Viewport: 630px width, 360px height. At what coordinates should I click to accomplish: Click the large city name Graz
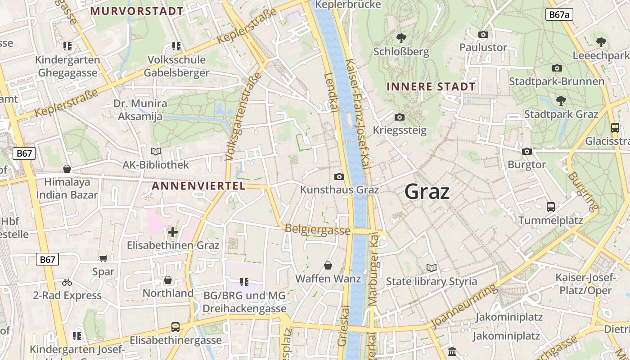[427, 192]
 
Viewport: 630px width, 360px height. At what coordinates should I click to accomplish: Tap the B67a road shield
[559, 14]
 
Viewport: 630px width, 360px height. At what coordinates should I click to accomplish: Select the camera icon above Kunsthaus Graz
[339, 176]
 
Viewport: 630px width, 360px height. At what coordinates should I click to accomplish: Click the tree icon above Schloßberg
[401, 38]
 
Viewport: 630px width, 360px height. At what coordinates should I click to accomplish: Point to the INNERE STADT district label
[431, 86]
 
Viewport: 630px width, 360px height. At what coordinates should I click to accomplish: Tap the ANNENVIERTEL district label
[198, 185]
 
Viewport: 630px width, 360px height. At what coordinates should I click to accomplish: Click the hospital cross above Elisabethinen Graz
[173, 232]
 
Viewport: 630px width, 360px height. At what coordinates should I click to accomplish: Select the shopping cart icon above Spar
[103, 259]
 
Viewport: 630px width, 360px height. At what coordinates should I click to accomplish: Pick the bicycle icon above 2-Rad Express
[67, 283]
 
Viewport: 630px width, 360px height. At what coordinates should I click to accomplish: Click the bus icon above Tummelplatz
[550, 207]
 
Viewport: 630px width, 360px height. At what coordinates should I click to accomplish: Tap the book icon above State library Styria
[432, 268]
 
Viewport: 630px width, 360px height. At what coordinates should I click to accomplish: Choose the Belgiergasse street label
[318, 229]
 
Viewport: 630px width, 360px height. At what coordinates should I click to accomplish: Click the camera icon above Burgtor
[527, 151]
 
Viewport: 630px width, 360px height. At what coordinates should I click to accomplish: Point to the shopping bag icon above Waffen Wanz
[328, 265]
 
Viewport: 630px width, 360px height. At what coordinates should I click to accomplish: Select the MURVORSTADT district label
[137, 11]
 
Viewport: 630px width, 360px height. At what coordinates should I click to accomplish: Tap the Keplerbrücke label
[348, 5]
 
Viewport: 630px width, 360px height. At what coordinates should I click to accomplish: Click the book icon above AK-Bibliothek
[156, 152]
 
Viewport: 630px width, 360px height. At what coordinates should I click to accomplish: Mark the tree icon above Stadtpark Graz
[561, 100]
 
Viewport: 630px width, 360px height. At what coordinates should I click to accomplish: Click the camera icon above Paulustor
[483, 34]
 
